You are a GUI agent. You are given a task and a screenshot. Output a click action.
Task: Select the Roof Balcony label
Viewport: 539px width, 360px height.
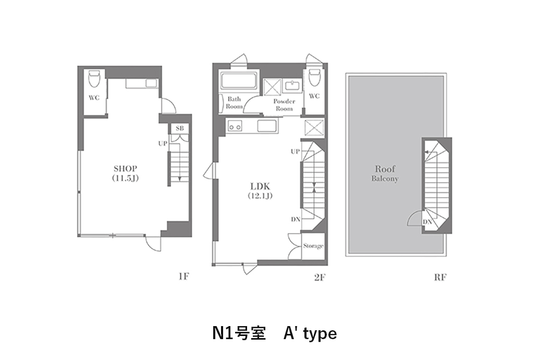(x=385, y=173)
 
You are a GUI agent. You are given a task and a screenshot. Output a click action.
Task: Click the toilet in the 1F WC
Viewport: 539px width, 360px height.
(x=94, y=78)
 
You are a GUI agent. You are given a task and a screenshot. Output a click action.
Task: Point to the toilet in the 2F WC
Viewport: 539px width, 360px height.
(x=314, y=77)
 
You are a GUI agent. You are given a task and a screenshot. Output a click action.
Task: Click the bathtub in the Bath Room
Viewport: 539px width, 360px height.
(x=239, y=80)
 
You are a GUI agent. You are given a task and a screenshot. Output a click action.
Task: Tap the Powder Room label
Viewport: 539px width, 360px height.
(x=284, y=105)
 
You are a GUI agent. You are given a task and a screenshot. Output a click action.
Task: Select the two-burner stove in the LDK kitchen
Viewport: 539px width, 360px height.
(x=235, y=126)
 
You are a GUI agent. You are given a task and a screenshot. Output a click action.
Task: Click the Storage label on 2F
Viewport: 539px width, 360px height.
(x=313, y=246)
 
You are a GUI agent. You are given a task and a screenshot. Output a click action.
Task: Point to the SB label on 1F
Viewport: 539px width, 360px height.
(x=179, y=128)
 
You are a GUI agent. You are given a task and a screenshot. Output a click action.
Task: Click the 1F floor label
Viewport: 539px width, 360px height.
(x=183, y=277)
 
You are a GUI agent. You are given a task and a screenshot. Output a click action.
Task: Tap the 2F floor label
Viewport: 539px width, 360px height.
(x=320, y=277)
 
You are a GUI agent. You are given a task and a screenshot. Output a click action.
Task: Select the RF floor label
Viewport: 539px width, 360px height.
(x=440, y=277)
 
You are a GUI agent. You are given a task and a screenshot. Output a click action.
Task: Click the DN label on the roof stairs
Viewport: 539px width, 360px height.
(x=427, y=222)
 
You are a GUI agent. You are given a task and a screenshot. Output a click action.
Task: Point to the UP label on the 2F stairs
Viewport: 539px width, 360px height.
(x=295, y=151)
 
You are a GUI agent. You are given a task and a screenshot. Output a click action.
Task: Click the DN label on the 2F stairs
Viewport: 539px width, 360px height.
(x=296, y=219)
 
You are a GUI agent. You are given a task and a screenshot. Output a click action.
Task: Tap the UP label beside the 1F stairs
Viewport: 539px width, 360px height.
(x=163, y=143)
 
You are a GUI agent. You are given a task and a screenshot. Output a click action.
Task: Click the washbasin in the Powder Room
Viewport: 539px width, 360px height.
(x=292, y=86)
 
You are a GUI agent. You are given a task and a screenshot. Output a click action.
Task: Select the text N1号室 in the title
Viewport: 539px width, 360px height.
(x=239, y=333)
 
